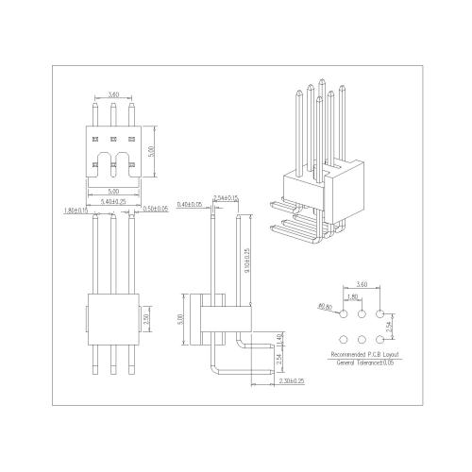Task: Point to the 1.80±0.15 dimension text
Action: pyautogui.click(x=75, y=210)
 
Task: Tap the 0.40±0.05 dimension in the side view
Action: pyautogui.click(x=191, y=205)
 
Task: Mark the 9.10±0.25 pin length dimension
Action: pyautogui.click(x=247, y=257)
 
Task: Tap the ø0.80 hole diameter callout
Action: pyautogui.click(x=326, y=305)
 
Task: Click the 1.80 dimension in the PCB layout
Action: pyautogui.click(x=353, y=297)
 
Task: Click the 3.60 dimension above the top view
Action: pyautogui.click(x=113, y=94)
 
